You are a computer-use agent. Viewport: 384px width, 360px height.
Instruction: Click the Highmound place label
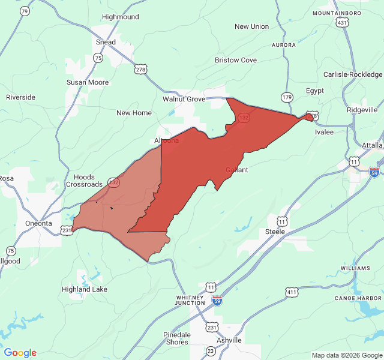(x=120, y=17)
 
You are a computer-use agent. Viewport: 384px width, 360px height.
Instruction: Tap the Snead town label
(x=106, y=42)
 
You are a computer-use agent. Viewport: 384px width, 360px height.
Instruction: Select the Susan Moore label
(x=88, y=82)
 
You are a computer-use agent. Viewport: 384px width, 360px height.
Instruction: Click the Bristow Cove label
(x=236, y=60)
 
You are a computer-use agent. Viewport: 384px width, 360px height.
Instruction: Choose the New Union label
(x=251, y=26)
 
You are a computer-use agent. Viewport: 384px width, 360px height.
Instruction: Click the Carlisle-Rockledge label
(x=353, y=74)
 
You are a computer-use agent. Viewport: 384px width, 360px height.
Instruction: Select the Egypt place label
(x=315, y=91)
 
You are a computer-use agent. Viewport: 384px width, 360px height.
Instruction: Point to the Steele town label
(x=275, y=231)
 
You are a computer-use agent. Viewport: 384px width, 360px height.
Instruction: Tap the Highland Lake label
(x=85, y=289)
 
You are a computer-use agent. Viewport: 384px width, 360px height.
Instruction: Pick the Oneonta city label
(x=38, y=223)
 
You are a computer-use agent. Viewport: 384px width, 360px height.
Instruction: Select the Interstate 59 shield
(x=217, y=300)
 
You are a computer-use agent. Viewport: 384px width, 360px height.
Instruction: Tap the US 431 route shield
(x=342, y=22)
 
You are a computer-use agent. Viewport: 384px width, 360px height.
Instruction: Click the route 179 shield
(x=287, y=97)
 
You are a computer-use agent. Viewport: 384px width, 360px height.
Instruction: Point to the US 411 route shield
(x=292, y=292)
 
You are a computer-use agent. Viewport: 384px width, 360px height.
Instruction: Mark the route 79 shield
(x=25, y=11)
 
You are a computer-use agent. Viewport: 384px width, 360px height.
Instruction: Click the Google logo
(x=20, y=353)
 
